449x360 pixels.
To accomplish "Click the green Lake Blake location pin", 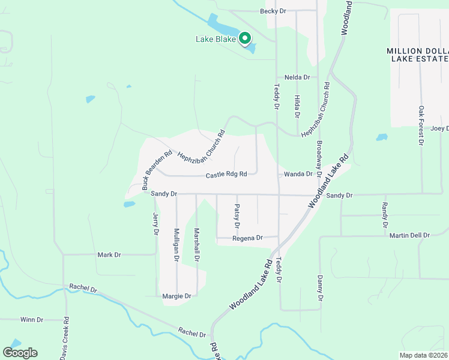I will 245,39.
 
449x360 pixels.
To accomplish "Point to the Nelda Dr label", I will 297,77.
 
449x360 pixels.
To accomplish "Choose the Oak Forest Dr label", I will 421,126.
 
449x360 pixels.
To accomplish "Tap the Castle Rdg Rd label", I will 226,175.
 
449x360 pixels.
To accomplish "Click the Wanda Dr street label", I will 298,174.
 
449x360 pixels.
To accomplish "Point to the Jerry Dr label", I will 155,224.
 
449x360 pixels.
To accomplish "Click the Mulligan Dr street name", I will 176,244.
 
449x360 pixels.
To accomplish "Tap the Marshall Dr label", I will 196,244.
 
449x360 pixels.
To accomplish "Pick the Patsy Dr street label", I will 237,216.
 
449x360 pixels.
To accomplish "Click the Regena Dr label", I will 248,238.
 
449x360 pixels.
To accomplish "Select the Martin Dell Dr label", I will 409,235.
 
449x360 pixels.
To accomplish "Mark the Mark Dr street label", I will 109,255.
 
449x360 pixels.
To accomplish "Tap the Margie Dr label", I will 176,296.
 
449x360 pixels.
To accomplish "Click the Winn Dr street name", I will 32,320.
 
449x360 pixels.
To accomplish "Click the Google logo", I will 20,353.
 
